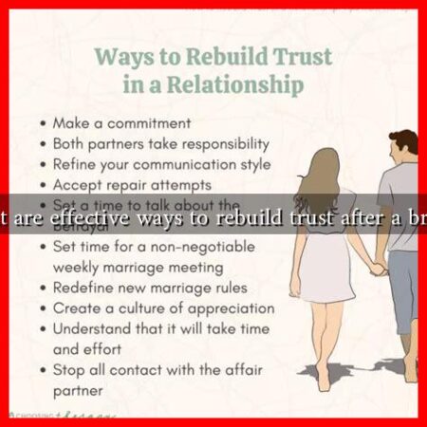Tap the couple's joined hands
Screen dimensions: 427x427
(x=377, y=268)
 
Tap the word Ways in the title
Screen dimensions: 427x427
(x=124, y=57)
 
